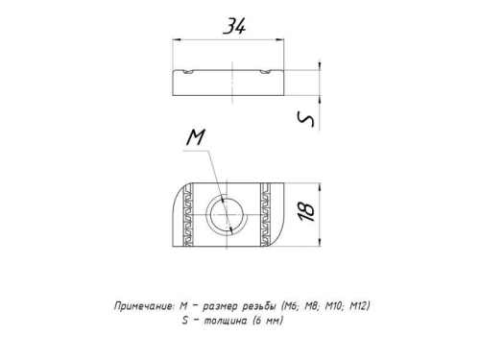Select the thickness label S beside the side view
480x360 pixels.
pyautogui.click(x=306, y=118)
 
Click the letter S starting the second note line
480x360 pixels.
pyautogui.click(x=183, y=321)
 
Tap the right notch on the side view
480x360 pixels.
pyautogui.click(x=264, y=72)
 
